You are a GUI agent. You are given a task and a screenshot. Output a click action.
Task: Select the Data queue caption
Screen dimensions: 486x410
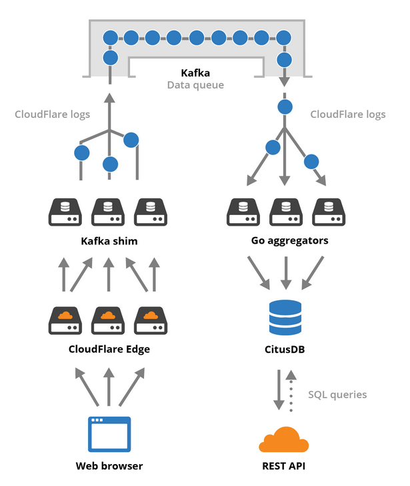click(x=195, y=85)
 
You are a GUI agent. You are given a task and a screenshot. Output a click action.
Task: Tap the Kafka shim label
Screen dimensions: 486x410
click(x=109, y=241)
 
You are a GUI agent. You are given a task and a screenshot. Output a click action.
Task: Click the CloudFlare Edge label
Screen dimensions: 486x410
click(x=109, y=348)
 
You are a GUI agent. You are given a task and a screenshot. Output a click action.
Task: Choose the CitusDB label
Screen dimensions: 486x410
click(x=285, y=348)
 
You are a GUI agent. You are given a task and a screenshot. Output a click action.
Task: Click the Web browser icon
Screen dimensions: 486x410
click(x=109, y=433)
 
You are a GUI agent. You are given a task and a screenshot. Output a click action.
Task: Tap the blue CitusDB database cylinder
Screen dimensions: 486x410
click(x=285, y=317)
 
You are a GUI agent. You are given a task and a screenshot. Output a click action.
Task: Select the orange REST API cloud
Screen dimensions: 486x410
click(x=285, y=441)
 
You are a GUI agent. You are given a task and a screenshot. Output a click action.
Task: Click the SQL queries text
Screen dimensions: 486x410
click(x=337, y=394)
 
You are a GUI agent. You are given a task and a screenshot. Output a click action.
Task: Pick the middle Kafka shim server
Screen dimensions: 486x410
click(x=109, y=212)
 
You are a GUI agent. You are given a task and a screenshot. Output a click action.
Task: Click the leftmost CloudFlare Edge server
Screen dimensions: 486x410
click(x=65, y=320)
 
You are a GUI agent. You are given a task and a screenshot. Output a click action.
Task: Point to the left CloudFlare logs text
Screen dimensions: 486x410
click(x=53, y=115)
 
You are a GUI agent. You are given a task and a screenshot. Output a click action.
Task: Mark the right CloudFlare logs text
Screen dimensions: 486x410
click(x=348, y=115)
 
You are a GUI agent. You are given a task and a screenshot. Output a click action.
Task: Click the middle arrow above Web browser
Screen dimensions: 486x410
click(x=109, y=389)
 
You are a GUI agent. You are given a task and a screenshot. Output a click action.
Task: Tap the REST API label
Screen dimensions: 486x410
click(x=285, y=465)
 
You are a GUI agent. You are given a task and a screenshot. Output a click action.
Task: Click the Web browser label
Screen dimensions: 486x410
click(x=109, y=465)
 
